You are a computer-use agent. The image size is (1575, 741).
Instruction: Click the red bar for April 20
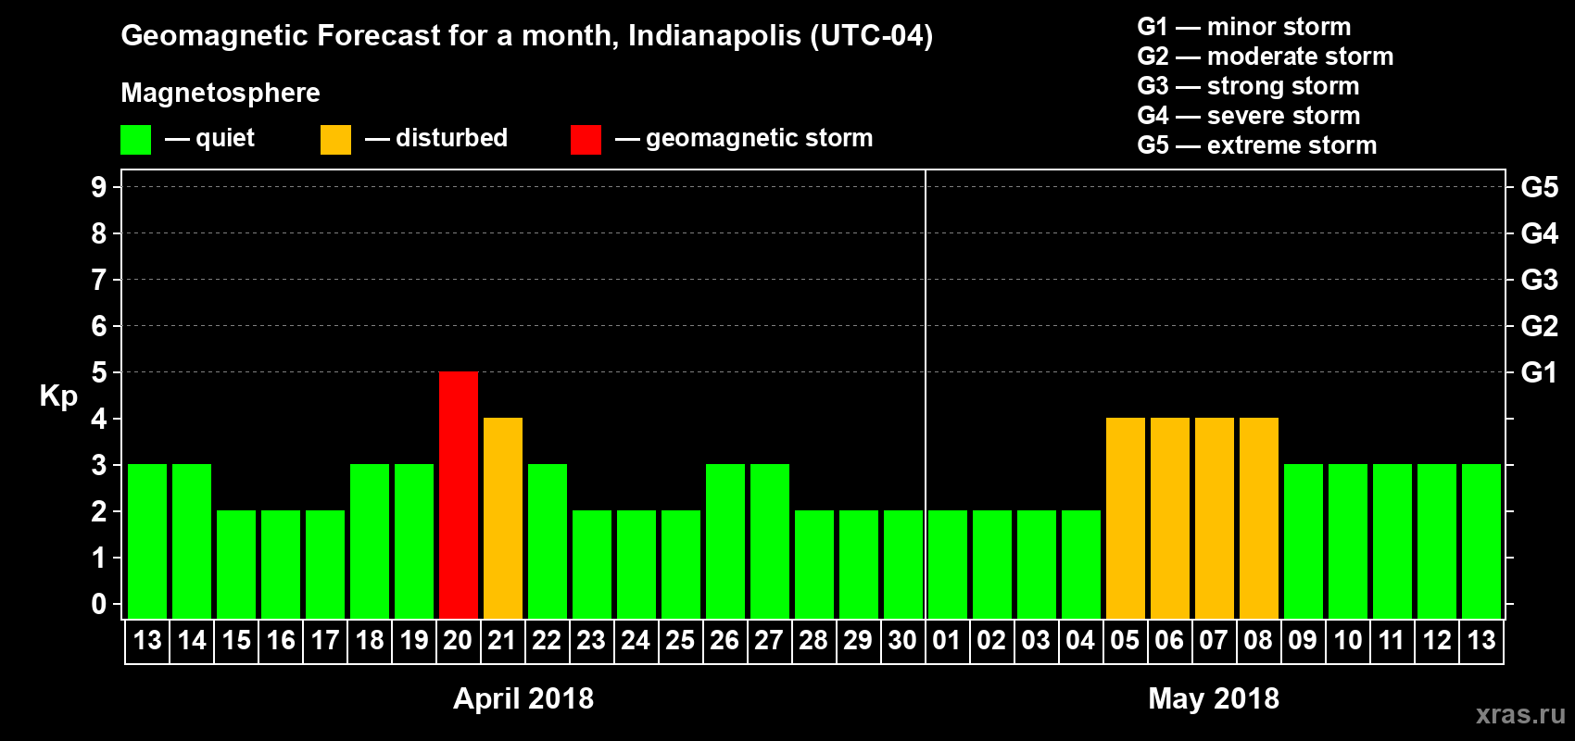coord(459,495)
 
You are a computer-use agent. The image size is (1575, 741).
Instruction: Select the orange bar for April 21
coord(503,518)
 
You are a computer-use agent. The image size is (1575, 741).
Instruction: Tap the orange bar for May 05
coord(1126,518)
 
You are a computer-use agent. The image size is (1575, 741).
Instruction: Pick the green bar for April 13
coord(147,541)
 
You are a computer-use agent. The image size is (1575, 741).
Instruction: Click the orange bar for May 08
coord(1259,518)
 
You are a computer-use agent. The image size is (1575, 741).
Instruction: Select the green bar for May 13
coord(1481,541)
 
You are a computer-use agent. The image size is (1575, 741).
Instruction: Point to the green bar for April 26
coord(725,541)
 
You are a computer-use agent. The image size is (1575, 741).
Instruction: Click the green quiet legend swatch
coord(136,140)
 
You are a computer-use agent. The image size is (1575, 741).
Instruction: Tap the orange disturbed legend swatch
coord(335,140)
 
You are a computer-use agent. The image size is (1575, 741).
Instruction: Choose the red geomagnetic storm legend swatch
coord(586,140)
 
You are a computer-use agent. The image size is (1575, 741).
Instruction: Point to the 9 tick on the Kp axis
coord(99,187)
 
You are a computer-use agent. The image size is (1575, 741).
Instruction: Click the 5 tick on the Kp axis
coord(99,372)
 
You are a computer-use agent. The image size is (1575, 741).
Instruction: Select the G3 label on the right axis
coord(1539,280)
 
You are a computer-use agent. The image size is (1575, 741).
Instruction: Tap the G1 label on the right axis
coord(1539,372)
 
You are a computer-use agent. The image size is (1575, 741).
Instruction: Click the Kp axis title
coord(58,396)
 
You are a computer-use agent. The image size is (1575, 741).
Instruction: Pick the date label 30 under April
coord(902,640)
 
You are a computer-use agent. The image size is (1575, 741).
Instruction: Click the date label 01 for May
coord(946,640)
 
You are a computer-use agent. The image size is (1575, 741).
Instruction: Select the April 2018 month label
coord(523,698)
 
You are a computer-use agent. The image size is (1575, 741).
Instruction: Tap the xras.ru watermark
coord(1519,714)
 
